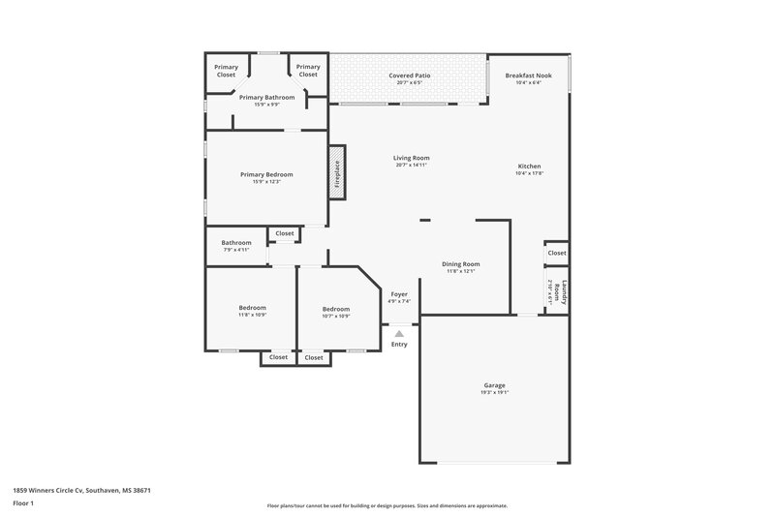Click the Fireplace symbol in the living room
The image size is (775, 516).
[x=337, y=173]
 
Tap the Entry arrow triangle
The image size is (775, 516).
[x=399, y=334]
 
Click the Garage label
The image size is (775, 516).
[x=494, y=385]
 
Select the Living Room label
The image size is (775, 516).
[x=411, y=158]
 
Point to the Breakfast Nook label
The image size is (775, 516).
[x=529, y=75]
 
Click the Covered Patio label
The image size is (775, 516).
[x=409, y=75]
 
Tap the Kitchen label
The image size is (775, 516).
[x=529, y=167]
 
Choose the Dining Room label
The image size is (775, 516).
[x=461, y=263]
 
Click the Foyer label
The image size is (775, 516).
[x=399, y=293]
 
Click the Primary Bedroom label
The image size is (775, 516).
[x=266, y=174]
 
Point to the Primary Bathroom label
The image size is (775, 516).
[x=266, y=97]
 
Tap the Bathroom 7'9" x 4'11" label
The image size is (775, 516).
[x=236, y=243]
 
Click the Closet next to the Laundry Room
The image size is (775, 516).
[x=557, y=253]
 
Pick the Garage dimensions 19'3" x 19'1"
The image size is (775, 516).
[x=494, y=393]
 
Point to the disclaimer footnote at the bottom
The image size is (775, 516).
[x=387, y=505]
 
